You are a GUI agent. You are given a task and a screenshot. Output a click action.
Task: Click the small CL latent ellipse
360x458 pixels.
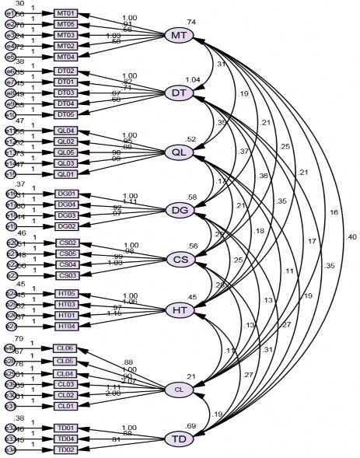point(178,389)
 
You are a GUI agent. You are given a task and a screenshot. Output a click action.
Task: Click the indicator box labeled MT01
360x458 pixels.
point(67,14)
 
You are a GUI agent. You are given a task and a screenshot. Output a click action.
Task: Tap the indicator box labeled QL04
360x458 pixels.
point(67,131)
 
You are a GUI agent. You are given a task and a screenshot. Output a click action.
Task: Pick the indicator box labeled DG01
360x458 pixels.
point(67,193)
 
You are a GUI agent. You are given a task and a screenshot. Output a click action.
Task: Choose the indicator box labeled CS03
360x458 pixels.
point(67,275)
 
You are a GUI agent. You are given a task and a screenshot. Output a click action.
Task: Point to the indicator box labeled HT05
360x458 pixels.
point(67,293)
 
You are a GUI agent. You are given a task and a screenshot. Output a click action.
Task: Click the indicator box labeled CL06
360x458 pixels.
point(67,348)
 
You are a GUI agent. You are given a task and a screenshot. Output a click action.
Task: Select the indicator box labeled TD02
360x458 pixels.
point(67,449)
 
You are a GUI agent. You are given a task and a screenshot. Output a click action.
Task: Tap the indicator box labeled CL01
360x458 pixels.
point(67,405)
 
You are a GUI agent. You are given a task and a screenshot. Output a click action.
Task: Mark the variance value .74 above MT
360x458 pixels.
point(191,22)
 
